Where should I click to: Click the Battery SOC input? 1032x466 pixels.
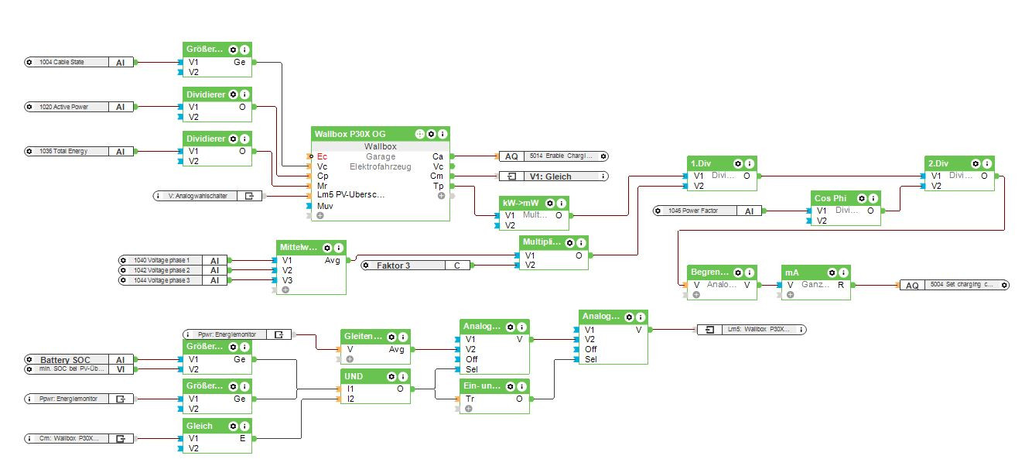[70, 360]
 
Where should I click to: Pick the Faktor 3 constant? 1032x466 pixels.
[402, 266]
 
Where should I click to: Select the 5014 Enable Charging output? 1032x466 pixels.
[553, 156]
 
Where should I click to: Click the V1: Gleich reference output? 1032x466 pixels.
[553, 176]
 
